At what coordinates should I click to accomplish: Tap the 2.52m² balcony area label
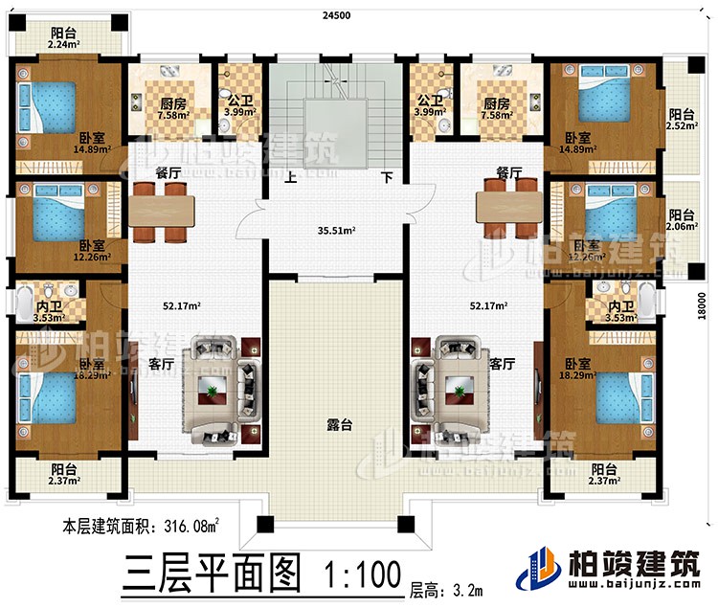click(682, 123)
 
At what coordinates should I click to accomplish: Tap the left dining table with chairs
click(161, 210)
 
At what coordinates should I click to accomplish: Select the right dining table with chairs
click(508, 210)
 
